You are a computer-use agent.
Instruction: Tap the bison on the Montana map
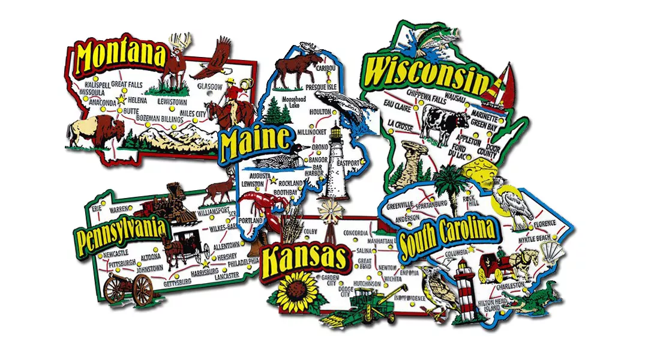pos(96,129)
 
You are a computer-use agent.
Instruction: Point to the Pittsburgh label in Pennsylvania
pos(122,262)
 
